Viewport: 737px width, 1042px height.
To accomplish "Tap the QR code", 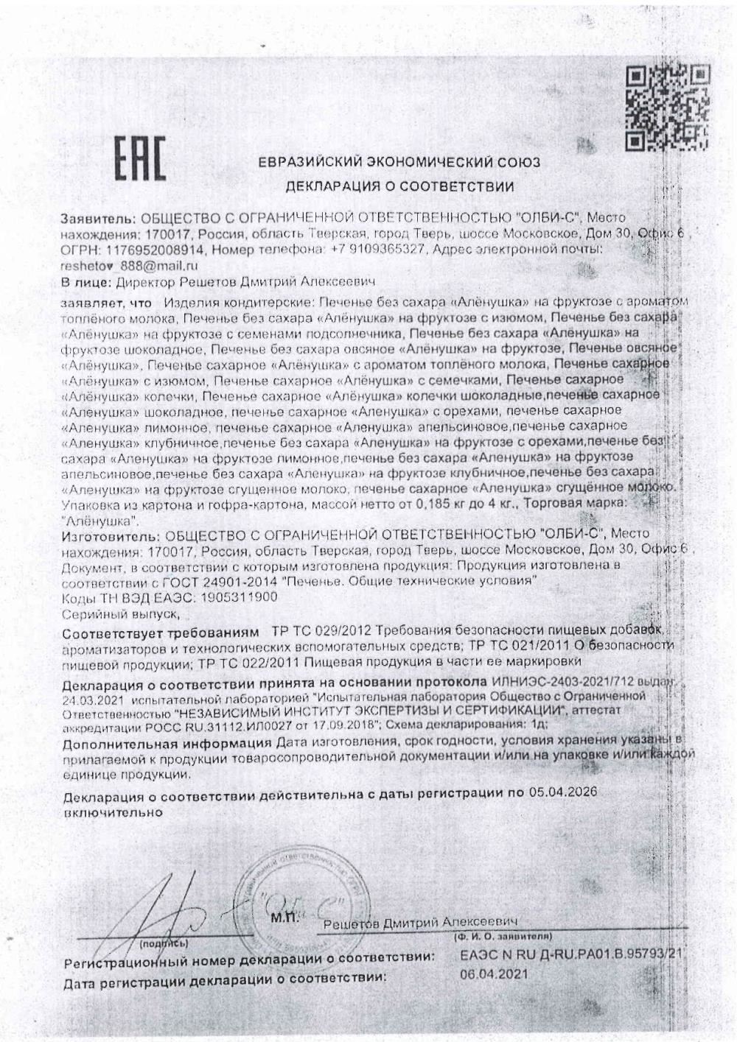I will point(668,106).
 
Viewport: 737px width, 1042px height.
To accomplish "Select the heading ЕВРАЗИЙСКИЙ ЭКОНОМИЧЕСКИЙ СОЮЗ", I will point(399,162).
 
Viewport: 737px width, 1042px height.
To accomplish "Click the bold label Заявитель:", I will point(98,219).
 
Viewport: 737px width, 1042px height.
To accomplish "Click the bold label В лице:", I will point(85,282).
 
